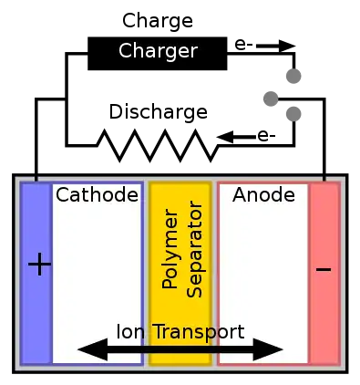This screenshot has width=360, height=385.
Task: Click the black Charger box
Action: pos(158,54)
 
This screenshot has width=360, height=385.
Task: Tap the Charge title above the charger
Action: pos(158,21)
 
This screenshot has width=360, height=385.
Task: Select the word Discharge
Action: pos(159,112)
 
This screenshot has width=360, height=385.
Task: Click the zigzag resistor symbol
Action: pos(158,145)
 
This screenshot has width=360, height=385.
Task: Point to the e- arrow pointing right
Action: pos(275,47)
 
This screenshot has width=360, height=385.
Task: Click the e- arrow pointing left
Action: pos(236,137)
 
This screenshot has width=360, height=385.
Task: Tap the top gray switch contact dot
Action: pos(293,76)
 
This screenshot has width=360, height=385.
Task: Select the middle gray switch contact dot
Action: pos(271,99)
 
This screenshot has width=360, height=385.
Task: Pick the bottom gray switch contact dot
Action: pos(293,114)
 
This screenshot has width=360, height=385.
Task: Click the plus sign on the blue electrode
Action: pos(39,264)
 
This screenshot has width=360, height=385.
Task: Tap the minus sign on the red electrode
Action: pos(324,269)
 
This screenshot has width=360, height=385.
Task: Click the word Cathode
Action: pos(97,195)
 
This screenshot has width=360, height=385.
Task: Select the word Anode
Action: pos(263,195)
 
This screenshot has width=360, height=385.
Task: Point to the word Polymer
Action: pos(170,248)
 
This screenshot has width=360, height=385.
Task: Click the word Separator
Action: pos(194,249)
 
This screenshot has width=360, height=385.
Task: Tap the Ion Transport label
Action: pos(180,331)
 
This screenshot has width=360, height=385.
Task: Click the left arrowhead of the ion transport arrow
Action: pos(93,349)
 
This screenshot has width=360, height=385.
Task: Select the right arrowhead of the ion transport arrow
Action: pos(268,349)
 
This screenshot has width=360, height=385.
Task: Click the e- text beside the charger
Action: pos(243,45)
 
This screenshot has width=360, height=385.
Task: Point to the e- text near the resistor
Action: pos(266,136)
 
